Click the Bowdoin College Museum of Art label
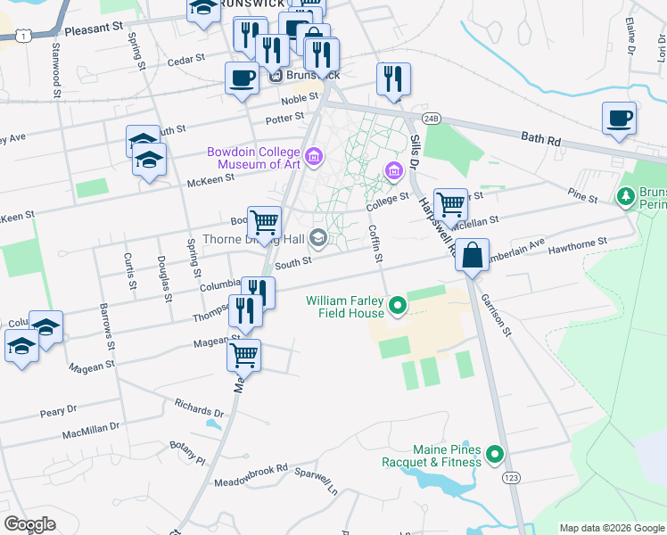coord(254,158)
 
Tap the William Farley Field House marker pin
coord(399,309)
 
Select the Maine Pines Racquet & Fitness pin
coord(495,456)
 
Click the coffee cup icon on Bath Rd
coord(619,118)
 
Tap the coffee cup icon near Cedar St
coord(242,78)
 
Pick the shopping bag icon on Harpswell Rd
coord(472,254)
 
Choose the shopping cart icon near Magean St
coord(243,355)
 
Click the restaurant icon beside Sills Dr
coord(392,78)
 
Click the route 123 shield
coord(511,479)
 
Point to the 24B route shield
coord(432,118)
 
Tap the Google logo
coord(30,524)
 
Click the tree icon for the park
coord(626,195)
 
